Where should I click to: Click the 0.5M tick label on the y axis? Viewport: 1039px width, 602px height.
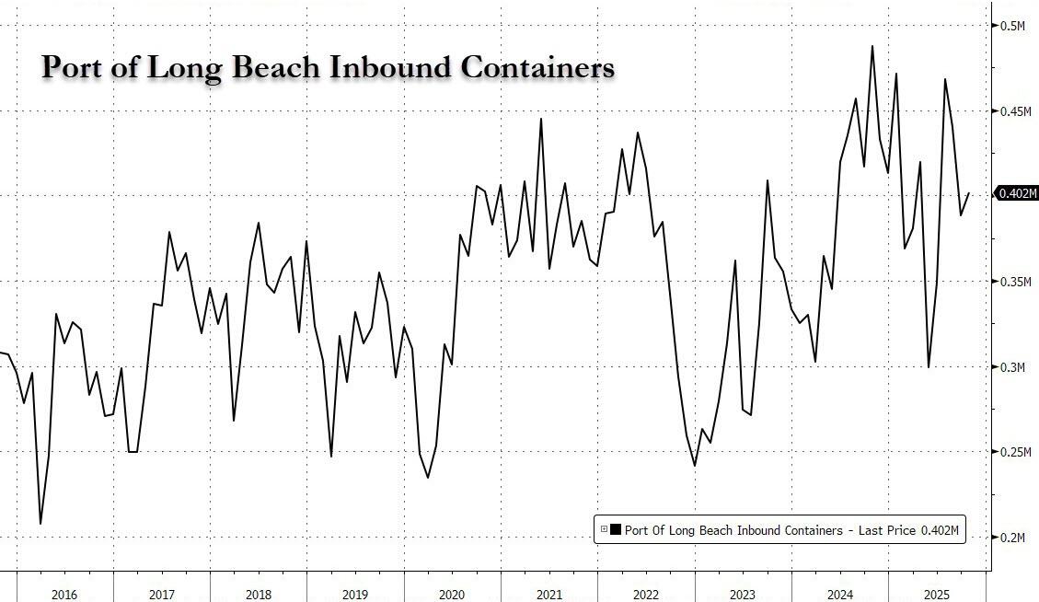coord(1013,26)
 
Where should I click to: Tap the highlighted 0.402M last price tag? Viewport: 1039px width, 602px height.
coord(1018,193)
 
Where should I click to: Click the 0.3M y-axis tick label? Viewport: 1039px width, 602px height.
coord(1013,367)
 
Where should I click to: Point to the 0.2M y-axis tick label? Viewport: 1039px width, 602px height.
coord(1013,538)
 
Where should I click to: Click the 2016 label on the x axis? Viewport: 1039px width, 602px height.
coord(64,595)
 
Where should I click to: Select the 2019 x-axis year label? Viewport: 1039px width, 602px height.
coord(355,595)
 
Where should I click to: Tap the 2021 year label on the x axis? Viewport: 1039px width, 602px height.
coord(548,595)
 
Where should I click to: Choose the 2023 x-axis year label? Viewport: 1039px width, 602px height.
coord(742,595)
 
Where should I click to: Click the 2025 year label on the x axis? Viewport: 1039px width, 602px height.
coord(936,595)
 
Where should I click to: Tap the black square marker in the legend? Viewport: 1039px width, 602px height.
coord(614,529)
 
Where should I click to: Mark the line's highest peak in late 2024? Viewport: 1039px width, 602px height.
coord(872,46)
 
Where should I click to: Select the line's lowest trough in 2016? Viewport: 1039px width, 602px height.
coord(40,524)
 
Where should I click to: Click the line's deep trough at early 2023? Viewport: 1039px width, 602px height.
coord(694,466)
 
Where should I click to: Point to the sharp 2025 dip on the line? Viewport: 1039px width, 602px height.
coord(929,366)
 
